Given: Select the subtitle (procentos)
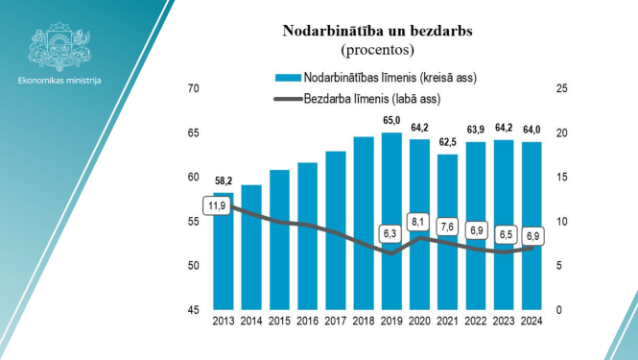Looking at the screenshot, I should point(376,48).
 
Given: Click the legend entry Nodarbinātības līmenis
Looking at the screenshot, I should point(389,77).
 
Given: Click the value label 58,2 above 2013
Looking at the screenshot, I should point(224,180).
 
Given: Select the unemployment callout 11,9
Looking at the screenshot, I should point(218,205).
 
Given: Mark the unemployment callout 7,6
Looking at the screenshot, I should point(448,227).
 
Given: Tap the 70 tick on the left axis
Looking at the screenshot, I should point(193,89).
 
